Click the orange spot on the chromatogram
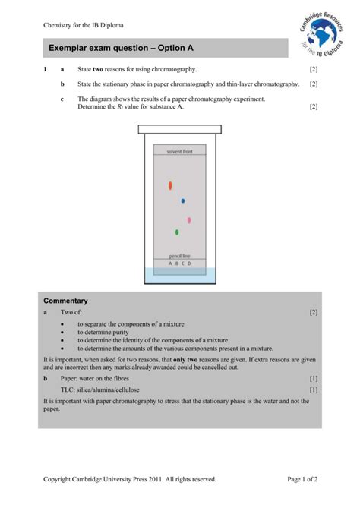(170, 185)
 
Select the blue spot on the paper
(183, 201)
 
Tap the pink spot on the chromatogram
(189, 220)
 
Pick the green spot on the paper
(177, 232)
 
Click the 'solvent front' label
(180, 152)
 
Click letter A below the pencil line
(170, 263)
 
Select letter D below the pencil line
(190, 263)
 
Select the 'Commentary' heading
(65, 301)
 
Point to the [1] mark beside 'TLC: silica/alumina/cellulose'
(313, 390)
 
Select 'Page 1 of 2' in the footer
(302, 479)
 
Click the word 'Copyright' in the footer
(58, 479)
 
